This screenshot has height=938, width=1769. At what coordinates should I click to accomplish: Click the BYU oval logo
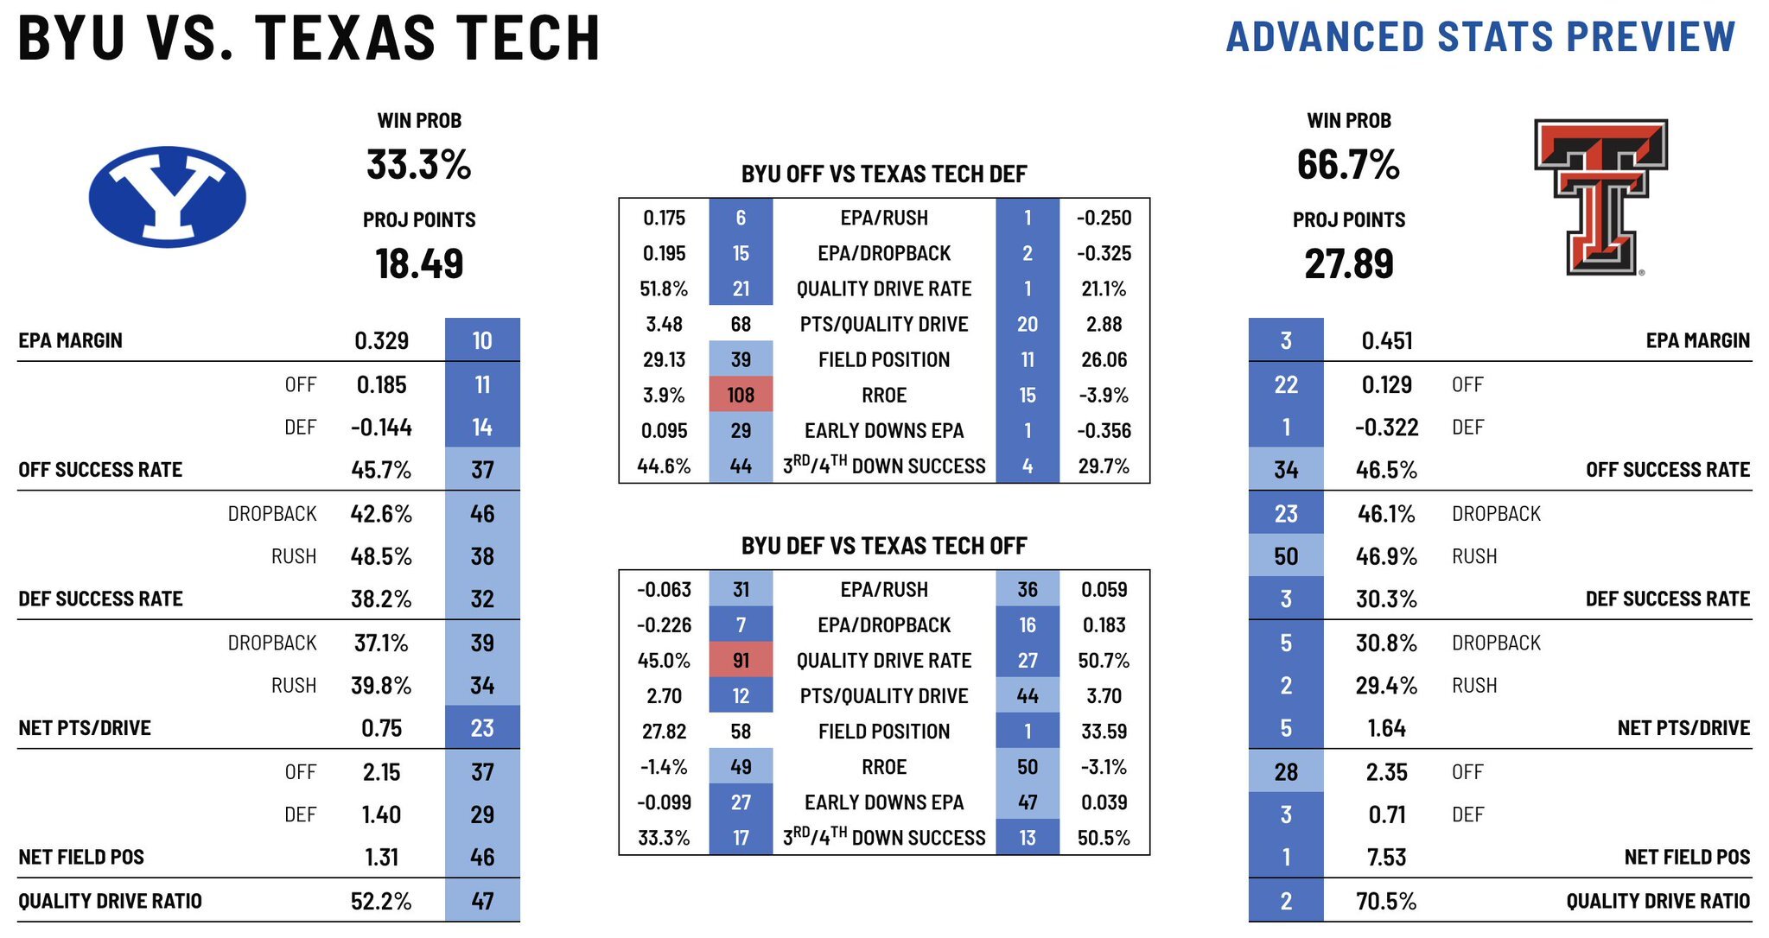tap(167, 197)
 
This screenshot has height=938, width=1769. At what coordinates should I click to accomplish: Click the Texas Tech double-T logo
tap(1600, 197)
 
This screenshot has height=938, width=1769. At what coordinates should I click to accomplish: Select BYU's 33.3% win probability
tap(419, 164)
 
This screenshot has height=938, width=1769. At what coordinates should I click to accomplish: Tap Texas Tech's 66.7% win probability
tap(1348, 164)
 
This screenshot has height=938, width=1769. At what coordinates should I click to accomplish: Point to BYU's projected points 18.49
tap(419, 263)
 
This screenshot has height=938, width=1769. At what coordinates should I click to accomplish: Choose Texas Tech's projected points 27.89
tap(1348, 263)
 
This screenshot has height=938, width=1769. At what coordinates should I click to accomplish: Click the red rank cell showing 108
tap(741, 395)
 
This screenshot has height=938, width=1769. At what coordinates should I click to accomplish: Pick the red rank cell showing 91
tap(741, 661)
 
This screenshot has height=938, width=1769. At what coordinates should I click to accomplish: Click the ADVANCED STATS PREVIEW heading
tap(1480, 37)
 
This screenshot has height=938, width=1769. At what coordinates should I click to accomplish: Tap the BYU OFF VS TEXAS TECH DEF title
tap(884, 174)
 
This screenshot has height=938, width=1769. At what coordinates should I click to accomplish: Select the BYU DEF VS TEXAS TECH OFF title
tap(884, 546)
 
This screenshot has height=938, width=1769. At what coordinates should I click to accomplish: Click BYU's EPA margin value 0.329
tap(381, 340)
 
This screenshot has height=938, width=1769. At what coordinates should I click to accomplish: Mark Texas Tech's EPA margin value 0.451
tap(1386, 340)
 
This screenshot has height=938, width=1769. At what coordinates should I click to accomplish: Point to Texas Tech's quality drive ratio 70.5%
tap(1386, 901)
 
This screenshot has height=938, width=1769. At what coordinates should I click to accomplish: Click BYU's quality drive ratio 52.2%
tap(381, 901)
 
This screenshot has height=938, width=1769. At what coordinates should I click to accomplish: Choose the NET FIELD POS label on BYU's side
tap(81, 857)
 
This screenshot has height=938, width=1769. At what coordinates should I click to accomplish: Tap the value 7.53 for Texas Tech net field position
tap(1386, 857)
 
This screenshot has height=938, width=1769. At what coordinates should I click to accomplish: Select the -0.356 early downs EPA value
tap(1104, 430)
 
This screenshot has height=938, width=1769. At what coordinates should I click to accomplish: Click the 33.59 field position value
tap(1104, 732)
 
